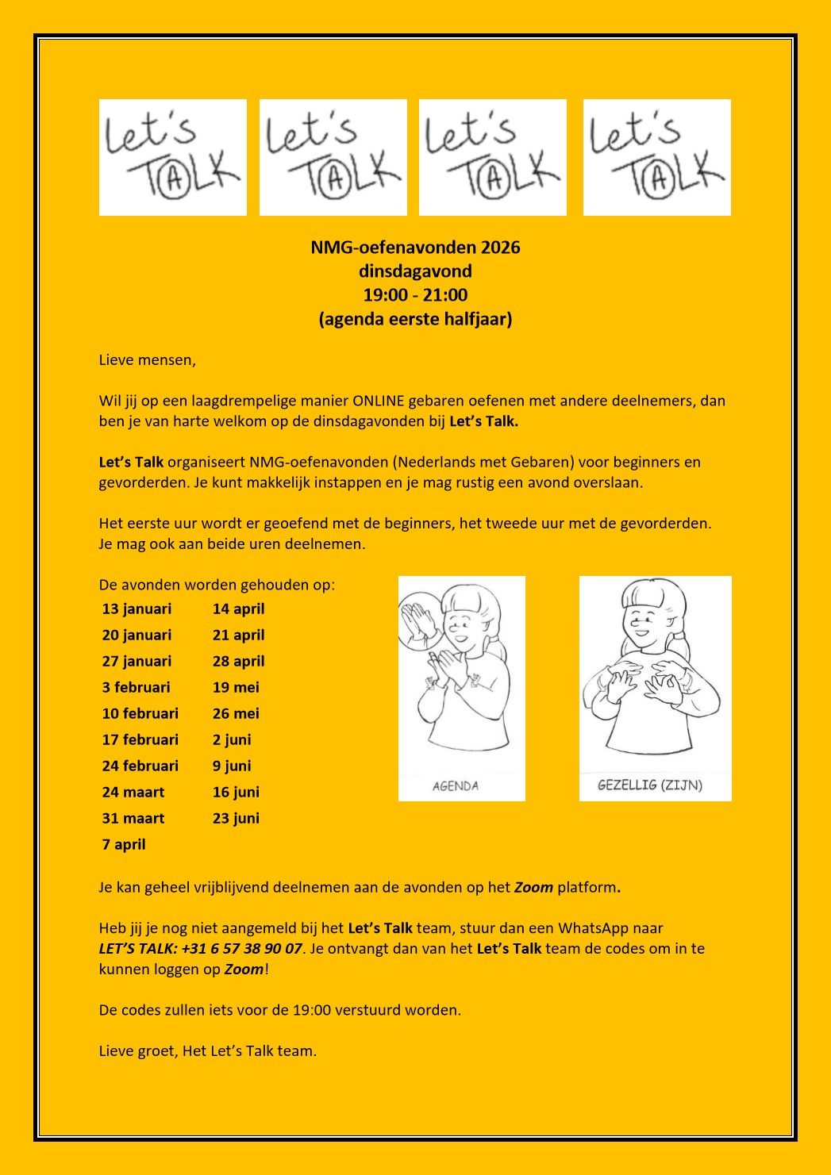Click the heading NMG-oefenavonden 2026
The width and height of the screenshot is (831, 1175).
pyautogui.click(x=415, y=248)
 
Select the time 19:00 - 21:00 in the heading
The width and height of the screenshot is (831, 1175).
pyautogui.click(x=415, y=295)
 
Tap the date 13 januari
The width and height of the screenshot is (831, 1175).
pyautogui.click(x=137, y=609)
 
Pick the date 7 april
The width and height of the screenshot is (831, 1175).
pyautogui.click(x=124, y=845)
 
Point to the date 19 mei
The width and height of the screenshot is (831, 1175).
pyautogui.click(x=236, y=688)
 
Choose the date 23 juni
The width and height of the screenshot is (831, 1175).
pyautogui.click(x=236, y=819)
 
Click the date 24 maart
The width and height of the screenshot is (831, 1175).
pyautogui.click(x=133, y=793)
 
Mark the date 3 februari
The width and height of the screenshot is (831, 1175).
pyautogui.click(x=136, y=688)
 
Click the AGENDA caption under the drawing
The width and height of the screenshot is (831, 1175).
pyautogui.click(x=456, y=786)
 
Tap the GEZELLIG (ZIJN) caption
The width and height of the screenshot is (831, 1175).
pyautogui.click(x=650, y=785)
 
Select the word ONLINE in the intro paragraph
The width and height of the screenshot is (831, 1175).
pyautogui.click(x=379, y=401)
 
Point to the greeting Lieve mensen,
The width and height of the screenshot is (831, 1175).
pyautogui.click(x=147, y=360)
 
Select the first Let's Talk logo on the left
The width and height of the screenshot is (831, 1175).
pyautogui.click(x=173, y=157)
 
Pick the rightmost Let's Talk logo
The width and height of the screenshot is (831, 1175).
pyautogui.click(x=656, y=157)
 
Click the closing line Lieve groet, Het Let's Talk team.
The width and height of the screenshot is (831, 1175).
pyautogui.click(x=207, y=1051)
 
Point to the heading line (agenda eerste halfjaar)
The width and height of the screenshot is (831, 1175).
pyautogui.click(x=415, y=320)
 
